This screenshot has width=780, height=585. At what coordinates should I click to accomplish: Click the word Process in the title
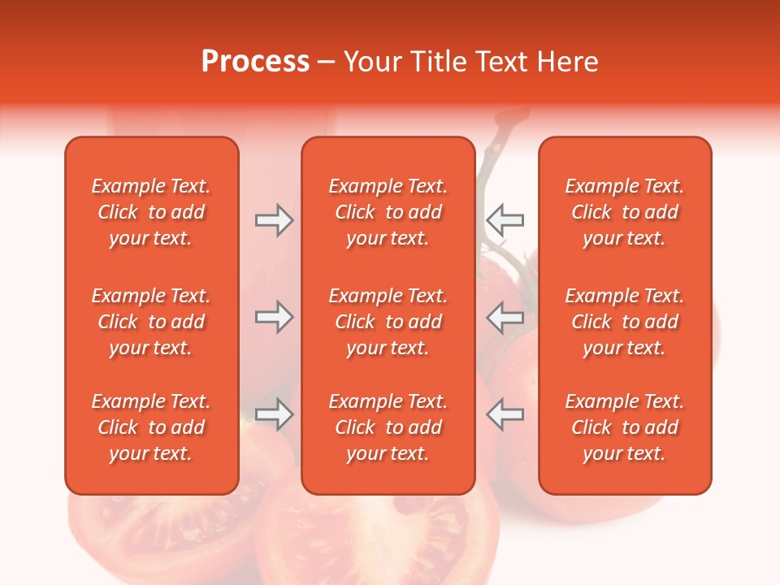(255, 62)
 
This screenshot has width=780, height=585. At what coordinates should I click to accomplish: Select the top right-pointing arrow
(274, 219)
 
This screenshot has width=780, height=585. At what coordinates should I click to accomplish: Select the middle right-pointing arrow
(274, 317)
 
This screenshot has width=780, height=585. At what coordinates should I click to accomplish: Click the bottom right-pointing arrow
(274, 414)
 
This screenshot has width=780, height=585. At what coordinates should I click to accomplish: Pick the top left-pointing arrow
(505, 219)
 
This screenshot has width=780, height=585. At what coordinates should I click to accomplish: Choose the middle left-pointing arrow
(505, 317)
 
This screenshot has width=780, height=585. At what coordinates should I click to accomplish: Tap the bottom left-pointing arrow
(505, 414)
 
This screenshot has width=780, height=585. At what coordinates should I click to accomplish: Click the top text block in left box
(151, 212)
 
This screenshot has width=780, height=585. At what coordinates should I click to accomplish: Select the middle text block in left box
(151, 322)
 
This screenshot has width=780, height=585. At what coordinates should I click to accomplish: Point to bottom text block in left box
(151, 427)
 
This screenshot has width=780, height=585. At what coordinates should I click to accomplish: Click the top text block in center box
(388, 212)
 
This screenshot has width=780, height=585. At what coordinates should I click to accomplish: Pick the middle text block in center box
(388, 322)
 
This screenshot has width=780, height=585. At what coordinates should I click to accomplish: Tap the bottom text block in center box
(388, 427)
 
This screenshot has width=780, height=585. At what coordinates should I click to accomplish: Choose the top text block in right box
(624, 212)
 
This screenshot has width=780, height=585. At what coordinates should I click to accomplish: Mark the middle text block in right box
(624, 322)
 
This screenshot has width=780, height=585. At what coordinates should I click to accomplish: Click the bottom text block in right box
(624, 427)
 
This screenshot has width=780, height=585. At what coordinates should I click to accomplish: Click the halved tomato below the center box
(382, 536)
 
